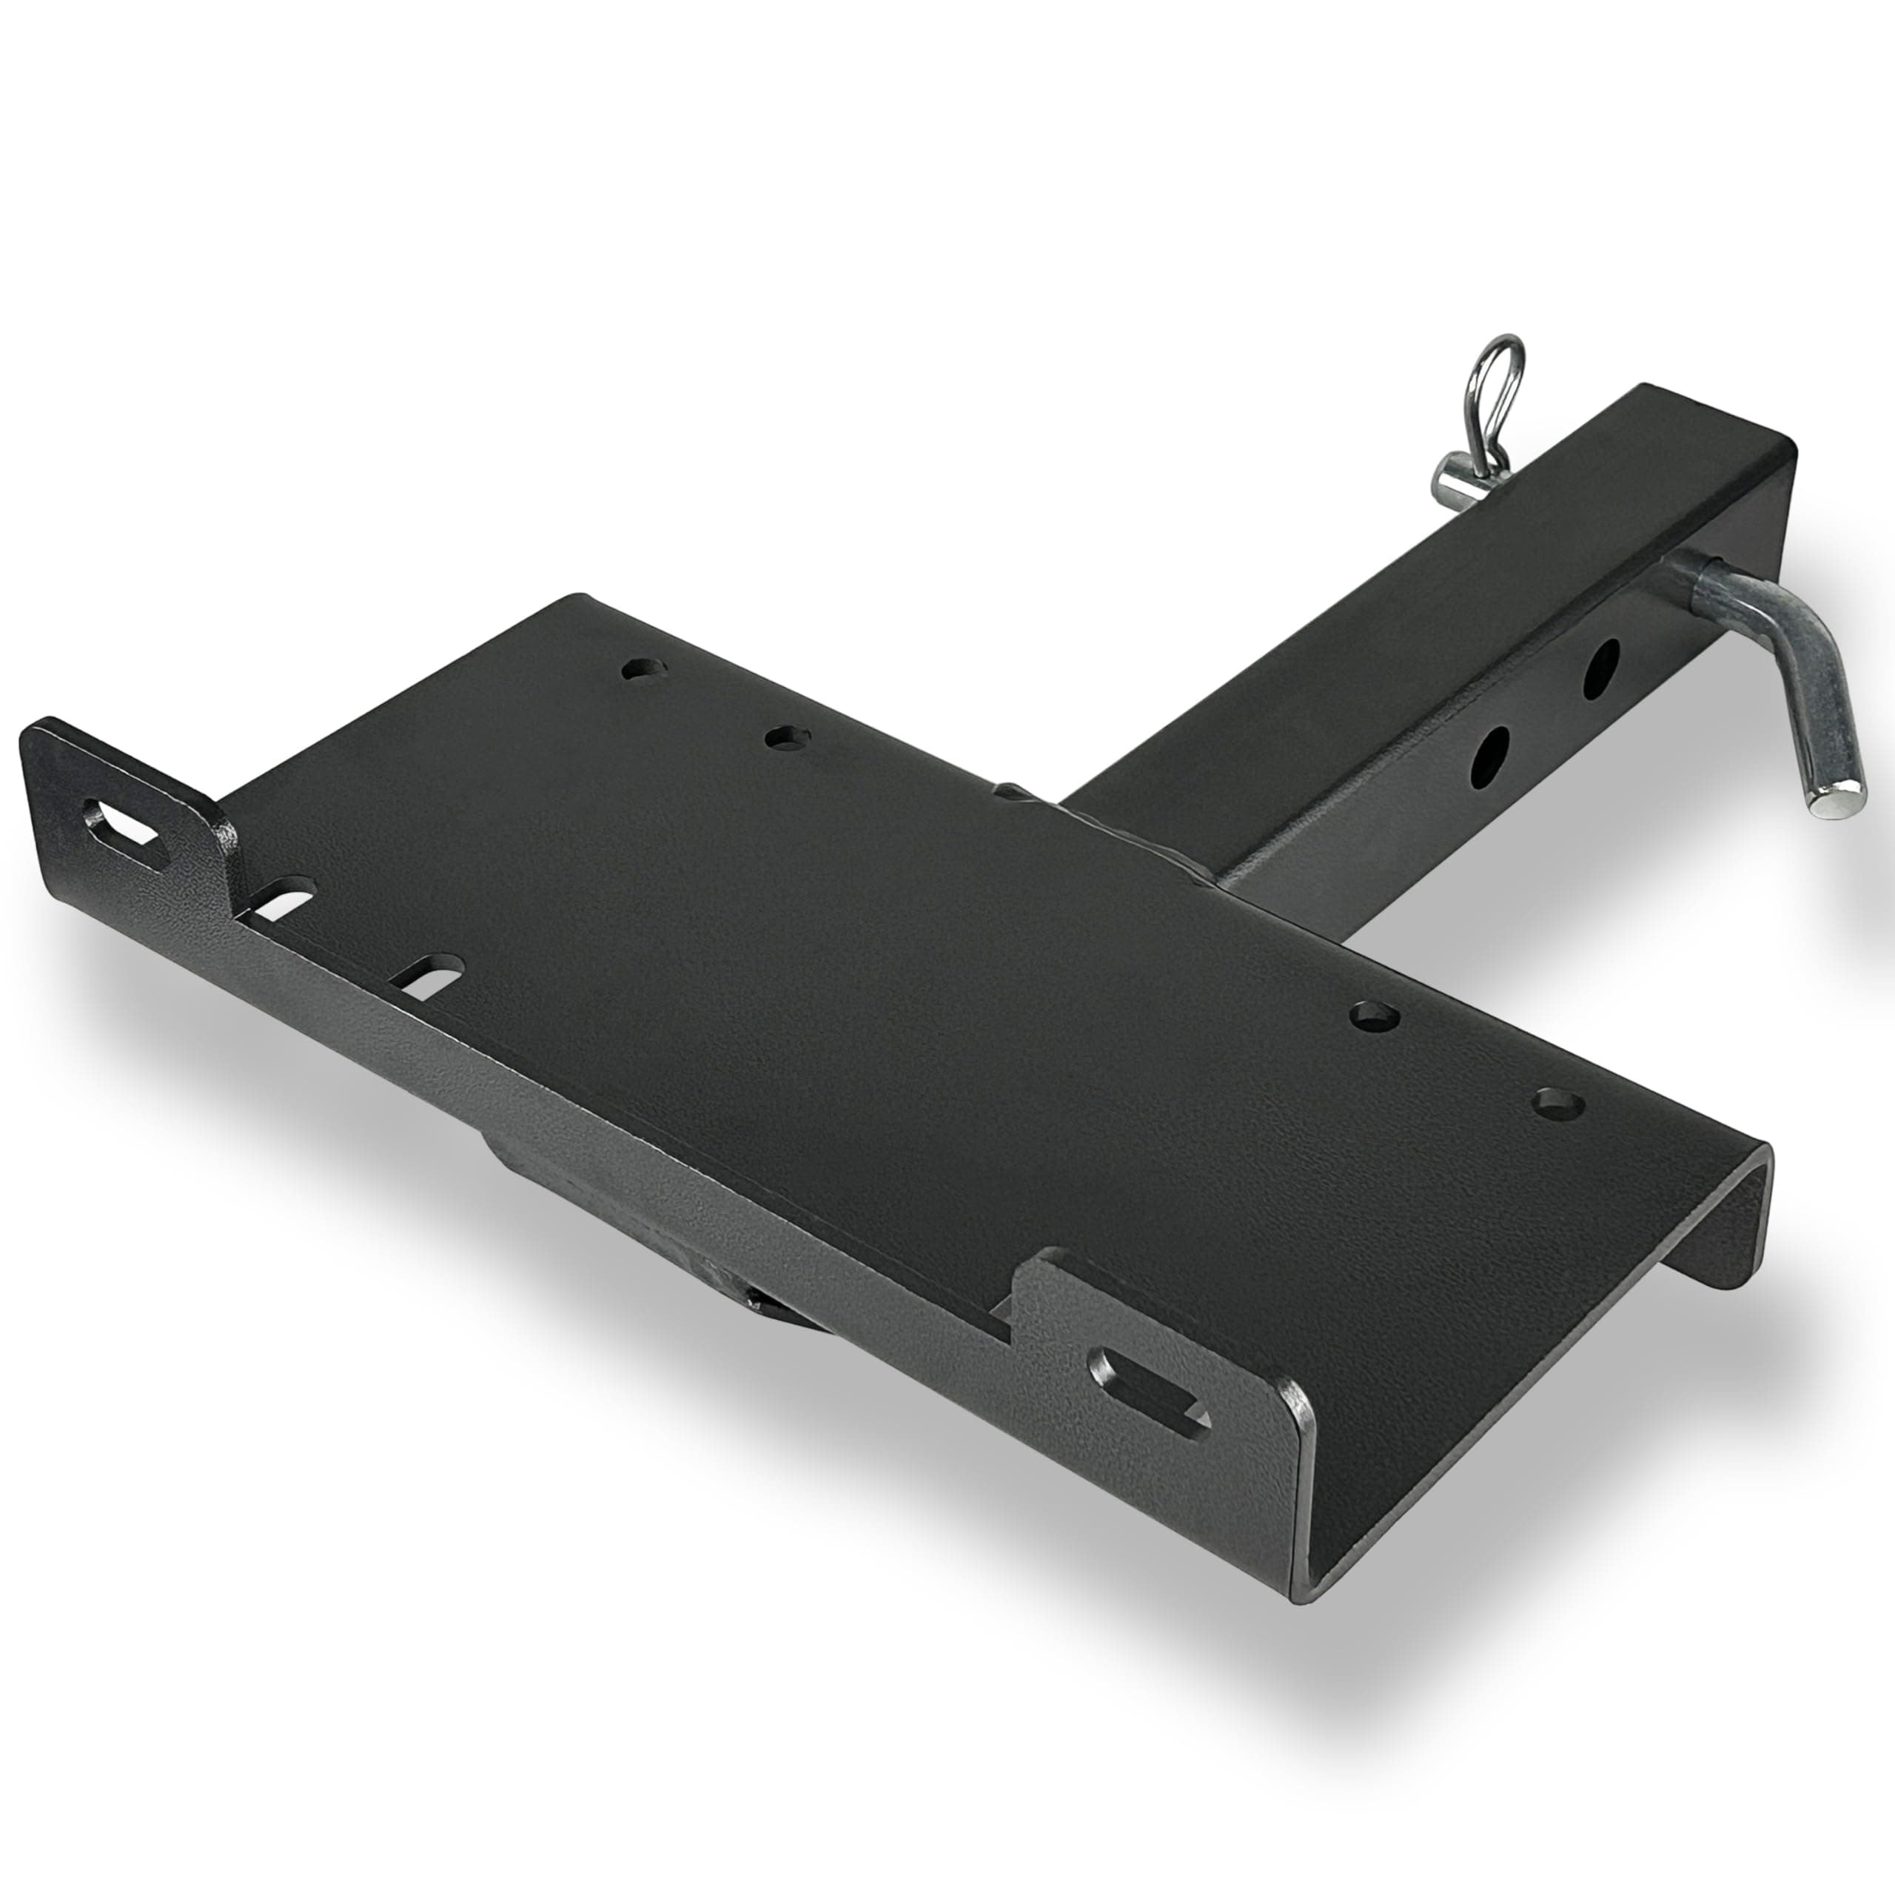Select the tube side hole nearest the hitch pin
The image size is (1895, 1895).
[1600, 669]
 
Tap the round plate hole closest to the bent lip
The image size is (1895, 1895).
[1557, 1104]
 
